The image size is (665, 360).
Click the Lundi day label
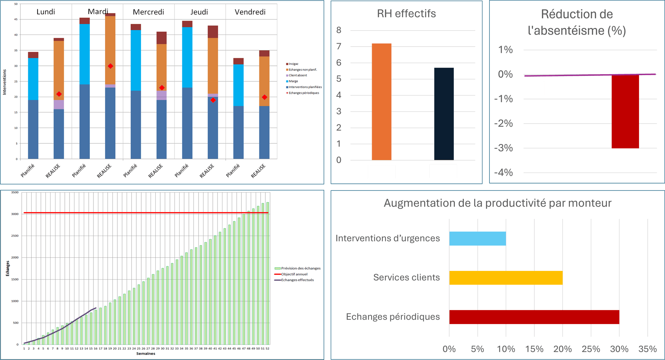pos(46,12)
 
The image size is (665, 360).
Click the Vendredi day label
pos(250,12)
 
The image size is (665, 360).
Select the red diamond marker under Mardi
pos(110,66)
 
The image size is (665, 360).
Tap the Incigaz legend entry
pos(293,64)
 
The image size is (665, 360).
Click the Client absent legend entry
pos(298,75)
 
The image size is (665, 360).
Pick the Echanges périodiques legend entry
pos(304,93)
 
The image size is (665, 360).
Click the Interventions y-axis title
pos(5,82)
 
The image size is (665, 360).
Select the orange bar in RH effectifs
pos(381,101)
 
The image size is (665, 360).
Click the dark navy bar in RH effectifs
pos(444,114)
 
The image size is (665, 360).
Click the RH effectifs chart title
pos(406,14)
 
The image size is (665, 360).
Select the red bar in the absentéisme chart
pos(625,112)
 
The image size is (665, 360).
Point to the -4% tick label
pos(504,173)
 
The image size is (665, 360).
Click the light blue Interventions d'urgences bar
pos(477,238)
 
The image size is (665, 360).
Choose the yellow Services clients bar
pos(505,278)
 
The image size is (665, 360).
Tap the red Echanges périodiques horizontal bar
pos(534,317)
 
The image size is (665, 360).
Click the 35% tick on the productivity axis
pos(647,349)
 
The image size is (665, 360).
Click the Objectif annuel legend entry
pos(294,274)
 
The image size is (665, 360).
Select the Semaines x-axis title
pos(146,354)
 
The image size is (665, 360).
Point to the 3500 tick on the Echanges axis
pos(15,192)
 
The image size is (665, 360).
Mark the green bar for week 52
pos(268,273)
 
